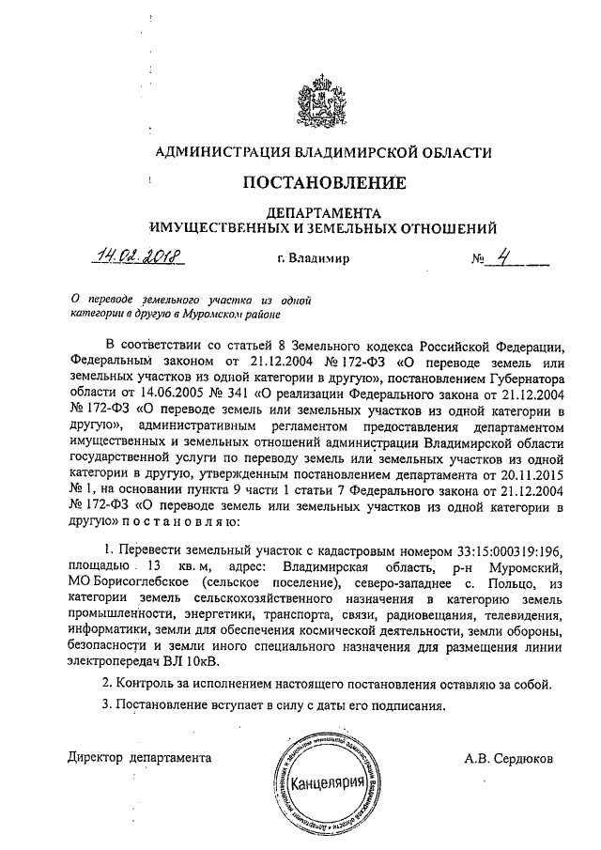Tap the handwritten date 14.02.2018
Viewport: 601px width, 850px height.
138,255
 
